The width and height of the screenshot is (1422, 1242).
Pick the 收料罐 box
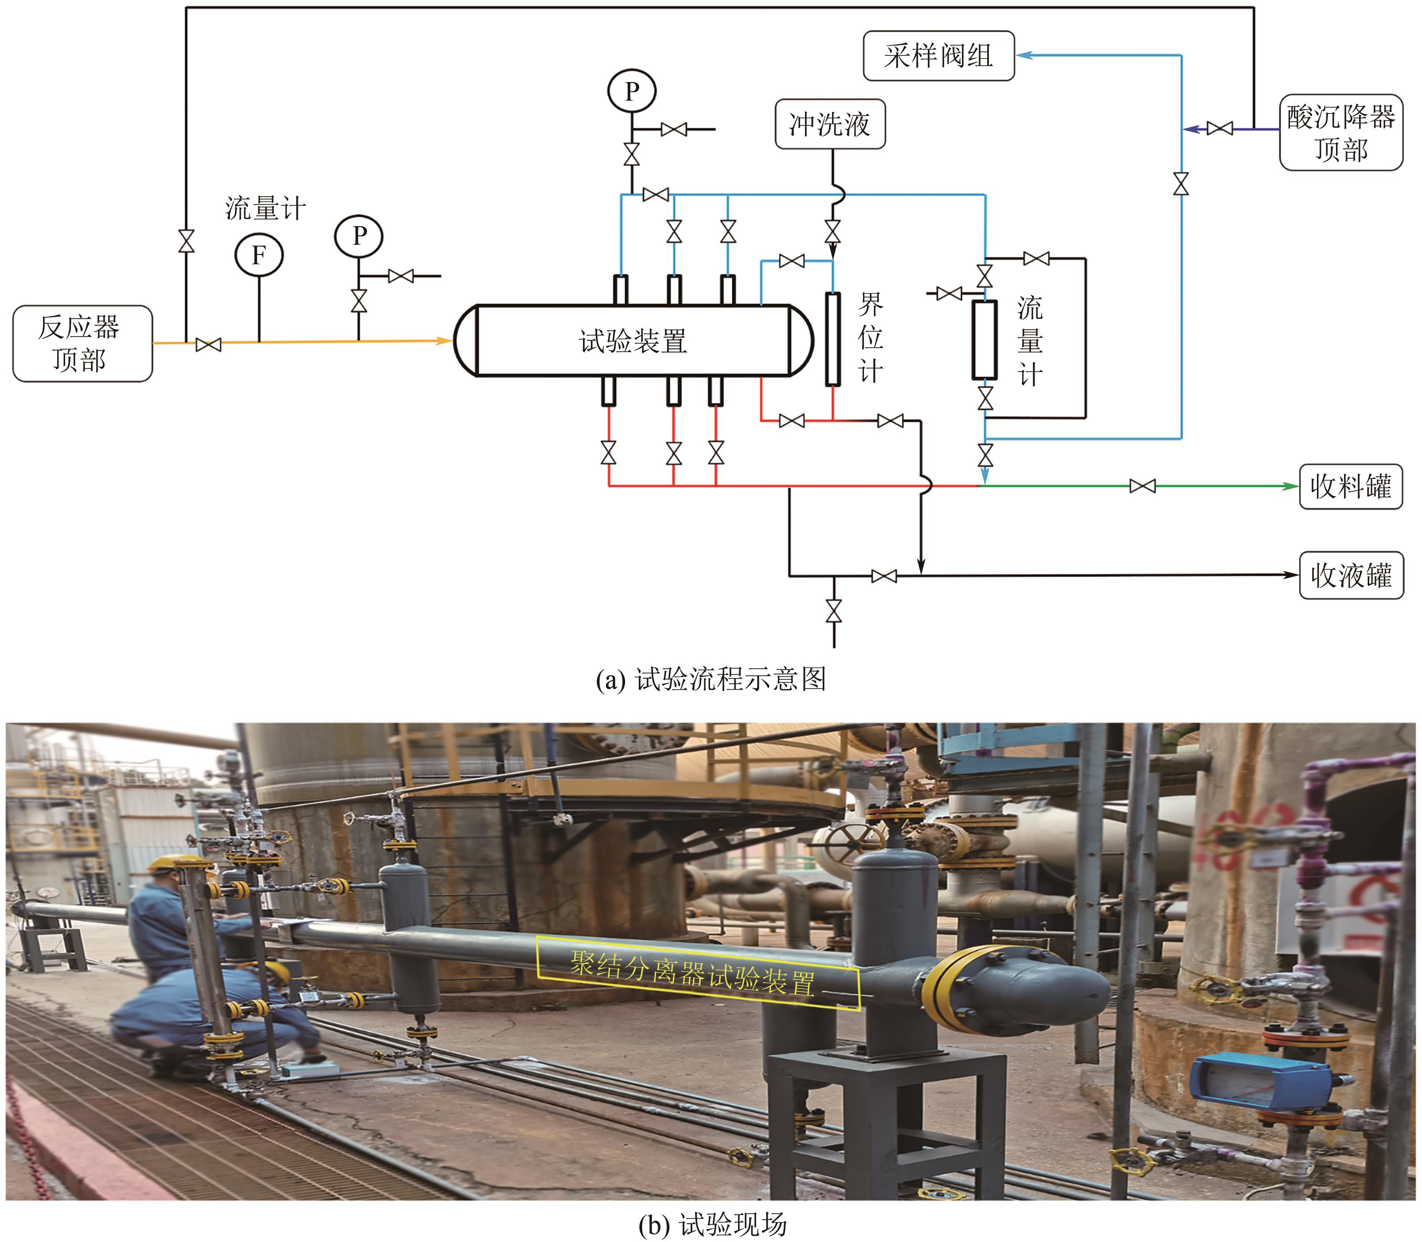pyautogui.click(x=1350, y=486)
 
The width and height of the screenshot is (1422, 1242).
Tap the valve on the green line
pyautogui.click(x=1142, y=486)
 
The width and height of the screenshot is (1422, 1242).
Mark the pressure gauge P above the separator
pyautogui.click(x=631, y=91)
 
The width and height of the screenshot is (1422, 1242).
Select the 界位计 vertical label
pyautogui.click(x=871, y=338)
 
